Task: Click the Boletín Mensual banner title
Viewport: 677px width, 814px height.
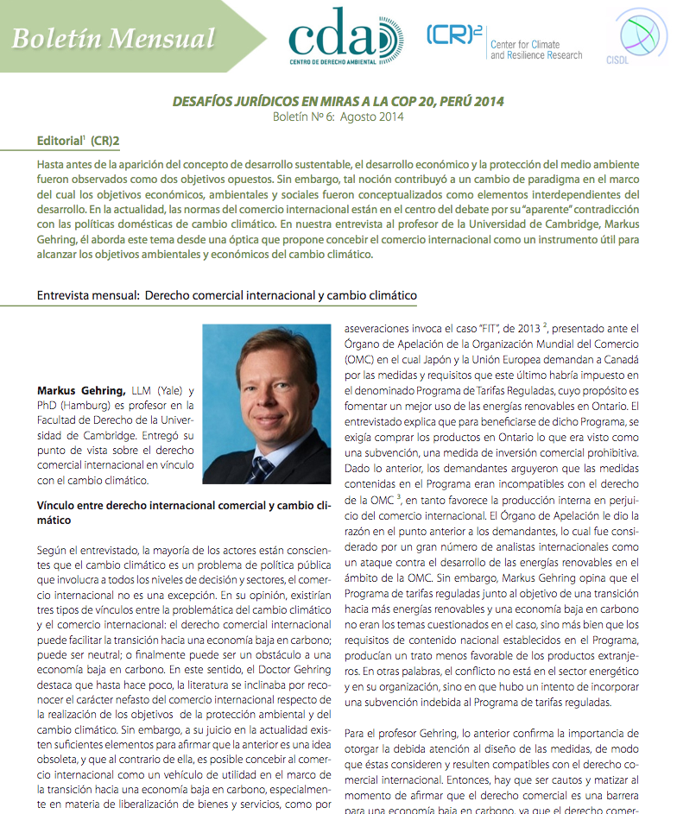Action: (x=114, y=38)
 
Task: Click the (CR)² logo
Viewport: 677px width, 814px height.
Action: (x=454, y=35)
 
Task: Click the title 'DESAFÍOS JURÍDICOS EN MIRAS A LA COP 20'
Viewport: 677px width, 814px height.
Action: (x=338, y=101)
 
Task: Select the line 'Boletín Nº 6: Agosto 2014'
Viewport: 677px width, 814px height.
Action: (x=338, y=117)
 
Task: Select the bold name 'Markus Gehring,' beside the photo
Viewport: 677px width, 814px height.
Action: (x=81, y=390)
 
